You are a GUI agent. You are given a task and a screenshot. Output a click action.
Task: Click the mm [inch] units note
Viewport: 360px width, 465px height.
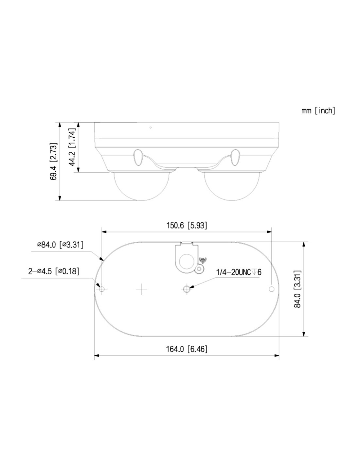[318, 111]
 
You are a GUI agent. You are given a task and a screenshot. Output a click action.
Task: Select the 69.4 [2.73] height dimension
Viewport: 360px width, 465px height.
[53, 161]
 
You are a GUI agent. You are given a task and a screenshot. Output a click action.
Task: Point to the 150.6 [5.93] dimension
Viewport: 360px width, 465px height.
[187, 226]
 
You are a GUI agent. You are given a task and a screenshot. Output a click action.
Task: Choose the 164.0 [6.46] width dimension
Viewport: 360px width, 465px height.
[187, 349]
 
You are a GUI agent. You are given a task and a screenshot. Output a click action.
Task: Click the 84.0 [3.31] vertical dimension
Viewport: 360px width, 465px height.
[297, 289]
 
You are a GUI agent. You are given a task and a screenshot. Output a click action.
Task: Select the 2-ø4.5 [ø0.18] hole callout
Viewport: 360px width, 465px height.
[54, 271]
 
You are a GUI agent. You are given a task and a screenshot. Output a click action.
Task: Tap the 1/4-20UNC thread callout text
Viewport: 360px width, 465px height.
[239, 272]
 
